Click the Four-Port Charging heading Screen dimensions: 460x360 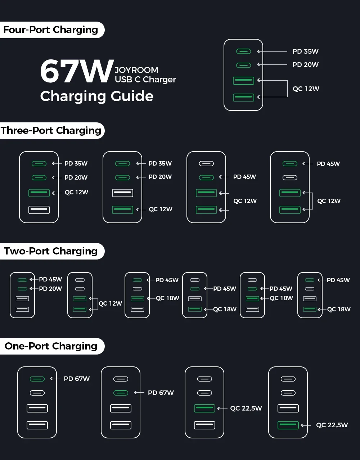pos(51,30)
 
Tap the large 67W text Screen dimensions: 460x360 pos(76,71)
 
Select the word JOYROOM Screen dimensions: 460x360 pos(136,70)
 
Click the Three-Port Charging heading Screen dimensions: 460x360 pos(51,130)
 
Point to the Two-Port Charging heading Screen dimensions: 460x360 pos(51,251)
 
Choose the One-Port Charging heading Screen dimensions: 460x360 pos(51,346)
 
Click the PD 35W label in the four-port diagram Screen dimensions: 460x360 pos(305,51)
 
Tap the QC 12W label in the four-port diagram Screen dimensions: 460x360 pos(306,89)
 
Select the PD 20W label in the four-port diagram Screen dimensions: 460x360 pos(305,65)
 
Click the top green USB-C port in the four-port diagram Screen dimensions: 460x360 pos(243,51)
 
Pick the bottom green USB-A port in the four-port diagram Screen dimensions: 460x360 pos(243,97)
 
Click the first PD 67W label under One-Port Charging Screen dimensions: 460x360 pos(77,379)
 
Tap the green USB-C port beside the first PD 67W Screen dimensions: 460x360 pos(37,379)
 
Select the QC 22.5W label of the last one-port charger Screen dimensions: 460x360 pos(332,425)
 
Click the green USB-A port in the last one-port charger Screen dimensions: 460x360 pos(288,425)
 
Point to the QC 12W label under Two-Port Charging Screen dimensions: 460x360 pos(110,303)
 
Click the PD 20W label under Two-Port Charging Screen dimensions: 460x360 pos(50,289)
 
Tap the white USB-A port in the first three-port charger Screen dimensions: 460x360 pos(39,209)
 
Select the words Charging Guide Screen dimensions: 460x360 pos(97,96)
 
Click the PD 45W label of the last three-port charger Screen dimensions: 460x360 pos(328,164)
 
